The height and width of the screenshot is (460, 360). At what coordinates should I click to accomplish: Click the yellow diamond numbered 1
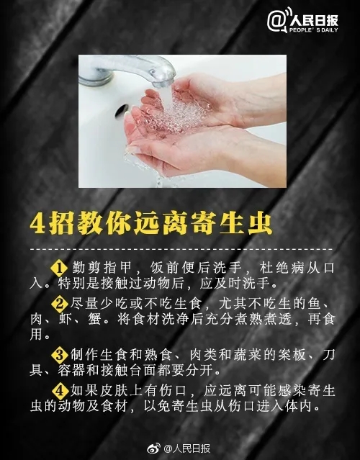point(60,268)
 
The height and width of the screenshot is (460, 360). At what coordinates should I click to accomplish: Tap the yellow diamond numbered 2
point(60,305)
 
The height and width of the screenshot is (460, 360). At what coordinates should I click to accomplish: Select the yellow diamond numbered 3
point(60,355)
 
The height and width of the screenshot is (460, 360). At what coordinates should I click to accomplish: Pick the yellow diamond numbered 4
point(60,391)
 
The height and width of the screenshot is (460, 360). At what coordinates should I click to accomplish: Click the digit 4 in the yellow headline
point(37,225)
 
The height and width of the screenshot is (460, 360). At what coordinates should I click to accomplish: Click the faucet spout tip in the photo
point(164,82)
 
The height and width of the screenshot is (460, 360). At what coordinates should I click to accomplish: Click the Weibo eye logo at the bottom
point(154,448)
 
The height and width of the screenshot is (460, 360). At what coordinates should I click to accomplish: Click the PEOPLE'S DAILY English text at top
point(313,30)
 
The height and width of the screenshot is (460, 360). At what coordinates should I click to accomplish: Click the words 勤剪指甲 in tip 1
point(102,268)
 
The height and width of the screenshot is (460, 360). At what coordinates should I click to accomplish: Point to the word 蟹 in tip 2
point(94,319)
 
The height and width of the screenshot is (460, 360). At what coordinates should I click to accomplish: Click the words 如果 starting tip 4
point(84,391)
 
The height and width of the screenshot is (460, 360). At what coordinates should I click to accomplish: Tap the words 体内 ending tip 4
point(298,406)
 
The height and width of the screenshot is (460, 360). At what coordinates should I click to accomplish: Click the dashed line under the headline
point(181,249)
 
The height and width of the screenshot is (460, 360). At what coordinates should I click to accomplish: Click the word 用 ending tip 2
point(36,334)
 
